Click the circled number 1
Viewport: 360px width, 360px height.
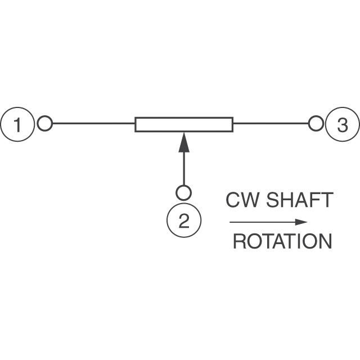point(18,124)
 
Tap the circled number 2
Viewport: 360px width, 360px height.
point(183,221)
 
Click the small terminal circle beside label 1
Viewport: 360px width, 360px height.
point(45,123)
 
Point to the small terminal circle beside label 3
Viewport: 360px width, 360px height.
point(316,123)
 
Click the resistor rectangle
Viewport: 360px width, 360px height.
point(184,124)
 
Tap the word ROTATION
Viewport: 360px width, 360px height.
point(282,242)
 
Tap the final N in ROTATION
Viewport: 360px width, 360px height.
point(325,242)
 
